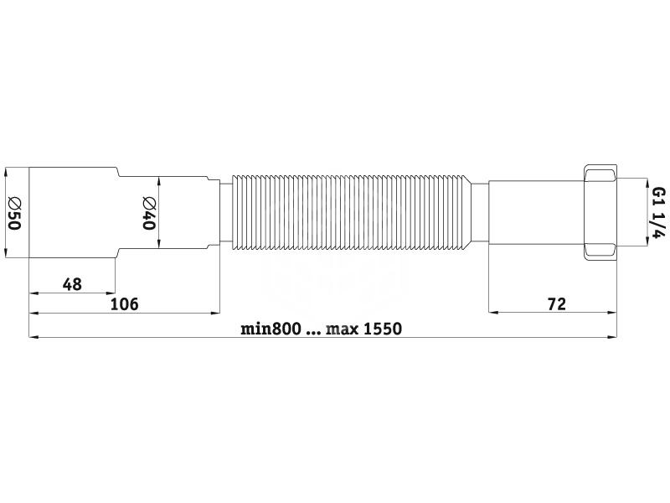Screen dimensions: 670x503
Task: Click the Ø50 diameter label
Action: (14, 213)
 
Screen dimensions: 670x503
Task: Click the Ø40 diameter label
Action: (149, 213)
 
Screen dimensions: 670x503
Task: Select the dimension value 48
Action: (72, 284)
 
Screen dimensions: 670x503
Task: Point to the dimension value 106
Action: (125, 304)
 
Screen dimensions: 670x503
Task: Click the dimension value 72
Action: (557, 303)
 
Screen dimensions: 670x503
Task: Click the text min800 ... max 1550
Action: (322, 329)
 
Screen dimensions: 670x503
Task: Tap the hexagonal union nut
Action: (600, 213)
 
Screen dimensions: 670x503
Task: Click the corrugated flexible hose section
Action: (351, 213)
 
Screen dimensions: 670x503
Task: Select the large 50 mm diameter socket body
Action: (73, 213)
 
